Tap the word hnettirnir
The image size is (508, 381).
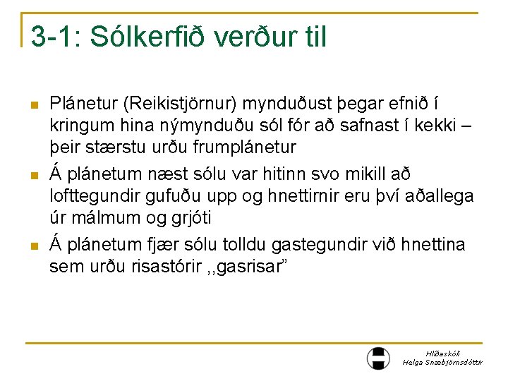[320, 196]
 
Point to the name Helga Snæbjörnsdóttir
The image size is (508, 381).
[442, 362]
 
